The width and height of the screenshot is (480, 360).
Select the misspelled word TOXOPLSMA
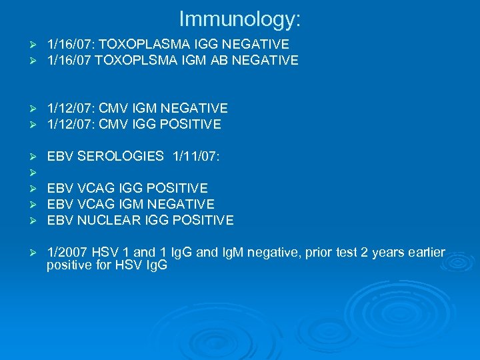[130, 61]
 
